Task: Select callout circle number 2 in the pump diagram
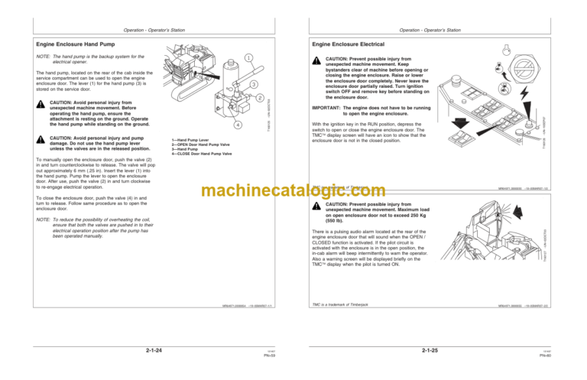261,99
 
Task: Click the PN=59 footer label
269,355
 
